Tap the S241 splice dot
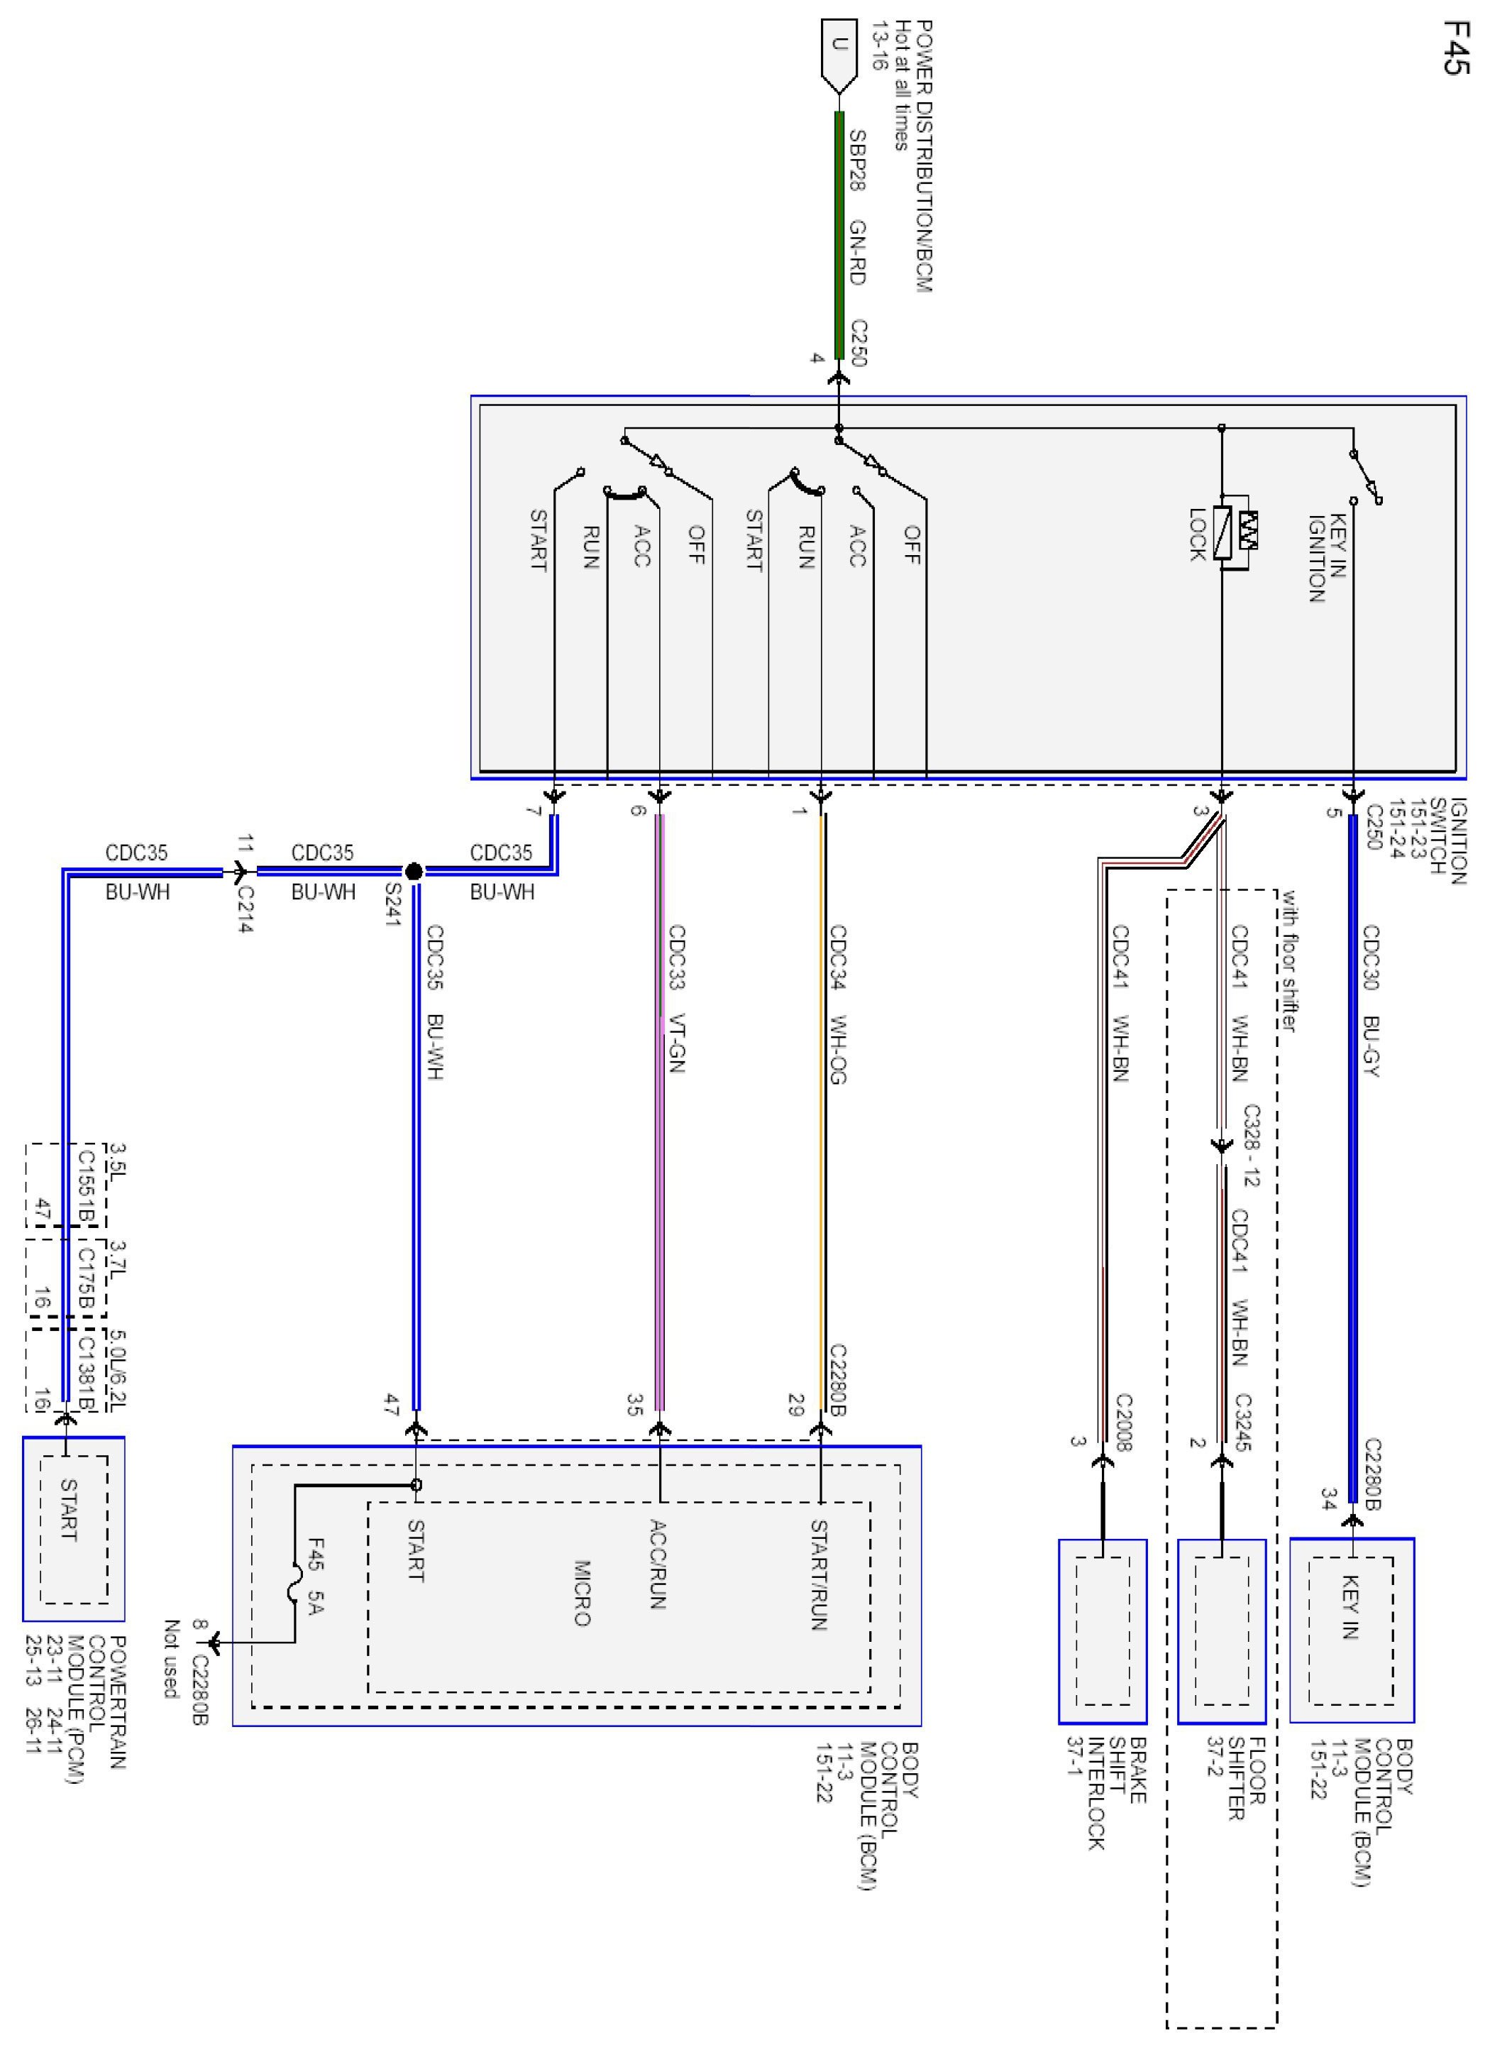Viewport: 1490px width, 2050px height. coord(413,872)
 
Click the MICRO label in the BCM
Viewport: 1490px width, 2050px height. coord(583,1591)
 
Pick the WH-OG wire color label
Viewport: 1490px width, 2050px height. coord(838,1048)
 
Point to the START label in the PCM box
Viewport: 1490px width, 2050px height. coord(69,1510)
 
